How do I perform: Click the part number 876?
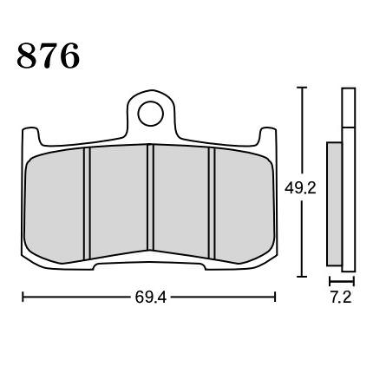[x=49, y=56]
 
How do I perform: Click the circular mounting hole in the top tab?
[x=151, y=114]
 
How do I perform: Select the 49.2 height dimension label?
[x=300, y=188]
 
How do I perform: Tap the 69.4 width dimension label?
[x=151, y=297]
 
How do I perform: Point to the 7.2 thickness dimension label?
[x=341, y=298]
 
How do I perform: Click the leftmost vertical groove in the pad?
[x=87, y=204]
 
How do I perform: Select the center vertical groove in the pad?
[x=150, y=197]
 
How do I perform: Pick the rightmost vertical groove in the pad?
[x=212, y=204]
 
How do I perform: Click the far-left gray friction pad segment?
[x=55, y=206]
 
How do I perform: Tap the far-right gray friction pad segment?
[x=245, y=206]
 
